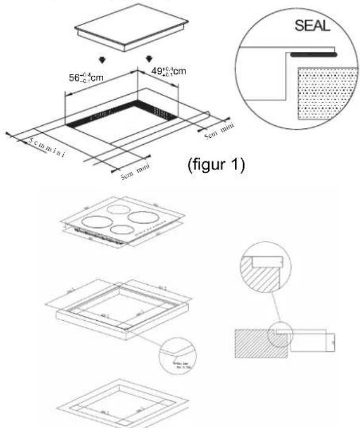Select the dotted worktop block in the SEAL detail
tap(322, 90)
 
